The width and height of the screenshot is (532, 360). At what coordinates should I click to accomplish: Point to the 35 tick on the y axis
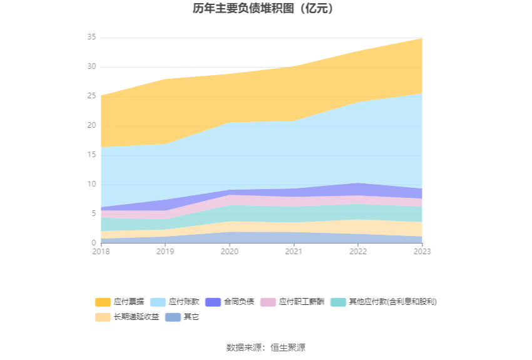pyautogui.click(x=91, y=38)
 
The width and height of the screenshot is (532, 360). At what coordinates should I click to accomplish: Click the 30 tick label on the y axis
pyautogui.click(x=91, y=67)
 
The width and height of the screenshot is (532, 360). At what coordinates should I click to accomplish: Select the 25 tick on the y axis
pyautogui.click(x=91, y=96)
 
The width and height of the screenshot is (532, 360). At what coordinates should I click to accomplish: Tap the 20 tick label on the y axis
pyautogui.click(x=91, y=126)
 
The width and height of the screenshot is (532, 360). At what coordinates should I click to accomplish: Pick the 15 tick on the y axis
pyautogui.click(x=91, y=155)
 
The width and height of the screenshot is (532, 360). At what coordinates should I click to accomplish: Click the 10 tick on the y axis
pyautogui.click(x=91, y=185)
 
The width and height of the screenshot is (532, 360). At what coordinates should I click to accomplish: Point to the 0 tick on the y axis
pyautogui.click(x=94, y=243)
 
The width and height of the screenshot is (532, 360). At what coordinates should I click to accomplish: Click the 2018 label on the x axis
pyautogui.click(x=101, y=251)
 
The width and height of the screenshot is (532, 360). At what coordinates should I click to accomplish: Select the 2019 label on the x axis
pyautogui.click(x=165, y=251)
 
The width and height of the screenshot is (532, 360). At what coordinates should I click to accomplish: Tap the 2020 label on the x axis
pyautogui.click(x=230, y=251)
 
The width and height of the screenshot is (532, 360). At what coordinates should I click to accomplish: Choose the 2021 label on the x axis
pyautogui.click(x=294, y=251)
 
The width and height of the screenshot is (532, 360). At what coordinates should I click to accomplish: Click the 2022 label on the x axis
pyautogui.click(x=358, y=251)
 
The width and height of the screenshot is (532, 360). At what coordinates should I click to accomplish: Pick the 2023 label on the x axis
pyautogui.click(x=422, y=251)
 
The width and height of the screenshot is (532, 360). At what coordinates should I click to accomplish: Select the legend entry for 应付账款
pyautogui.click(x=176, y=302)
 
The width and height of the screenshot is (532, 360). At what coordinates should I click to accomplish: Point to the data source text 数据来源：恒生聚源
pyautogui.click(x=265, y=347)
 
